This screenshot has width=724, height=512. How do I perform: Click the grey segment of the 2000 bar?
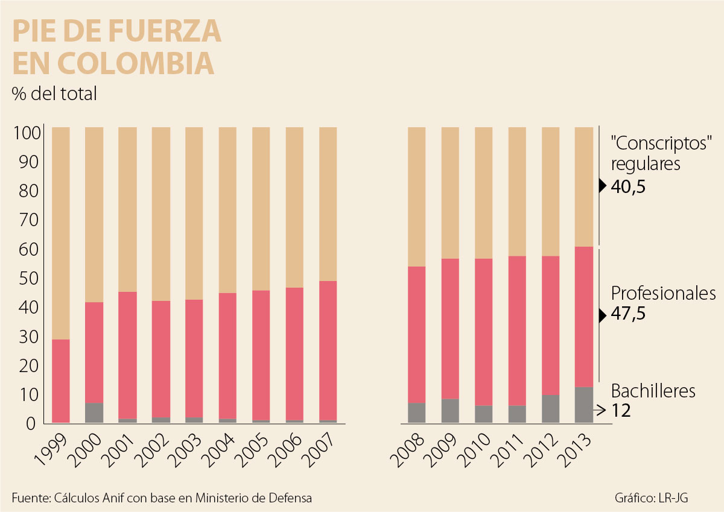click(94, 412)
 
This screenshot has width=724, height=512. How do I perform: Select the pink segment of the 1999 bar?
click(61, 381)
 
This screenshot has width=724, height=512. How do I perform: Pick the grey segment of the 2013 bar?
click(584, 405)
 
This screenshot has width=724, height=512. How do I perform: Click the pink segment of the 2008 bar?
click(416, 334)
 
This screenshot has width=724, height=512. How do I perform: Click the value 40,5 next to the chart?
click(629, 187)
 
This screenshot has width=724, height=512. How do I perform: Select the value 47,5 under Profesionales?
click(629, 315)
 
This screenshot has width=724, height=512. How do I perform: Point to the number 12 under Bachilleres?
click(621, 411)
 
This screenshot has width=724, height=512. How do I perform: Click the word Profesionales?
click(663, 294)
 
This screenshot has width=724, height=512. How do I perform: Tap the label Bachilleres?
click(653, 391)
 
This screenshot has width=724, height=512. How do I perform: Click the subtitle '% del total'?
click(54, 95)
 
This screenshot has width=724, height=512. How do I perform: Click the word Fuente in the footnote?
click(30, 498)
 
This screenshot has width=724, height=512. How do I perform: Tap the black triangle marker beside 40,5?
click(602, 186)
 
